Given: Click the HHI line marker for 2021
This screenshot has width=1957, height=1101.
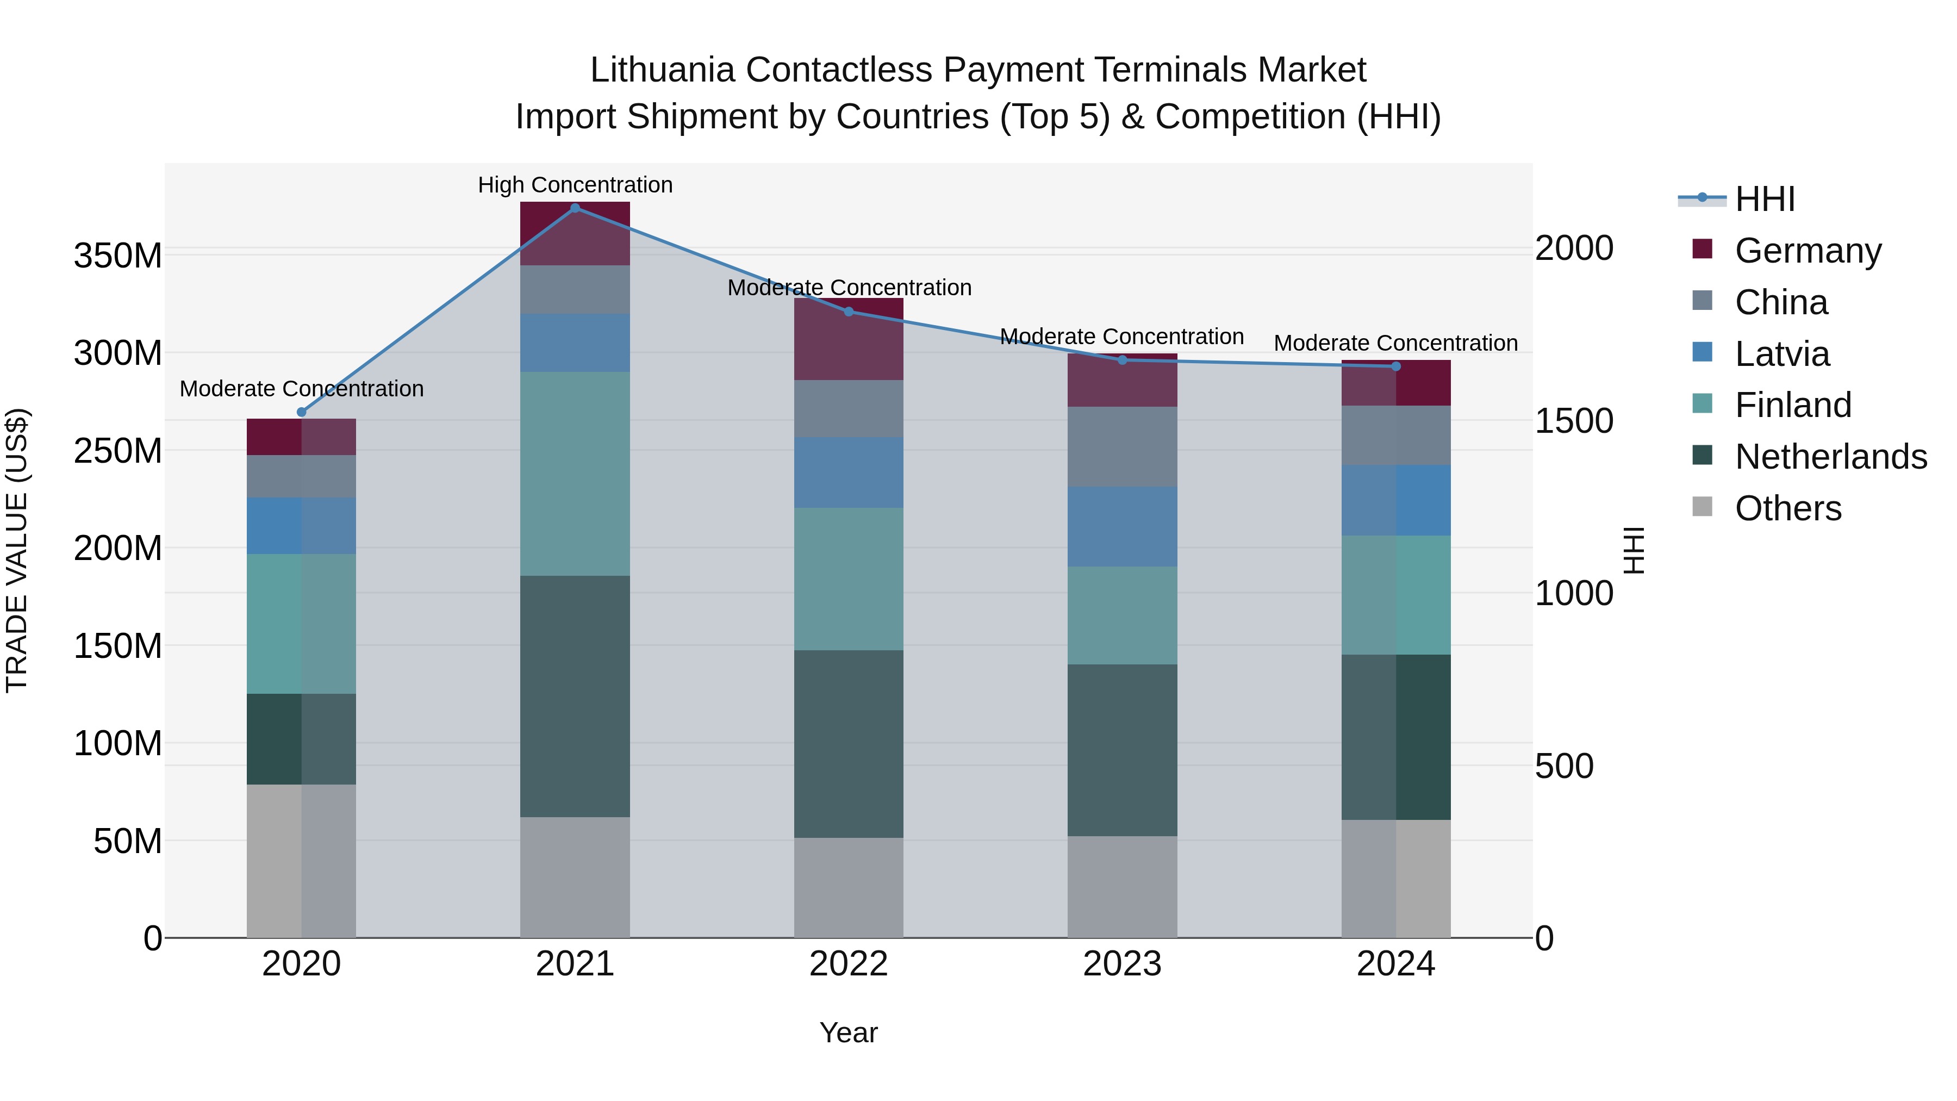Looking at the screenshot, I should [x=575, y=208].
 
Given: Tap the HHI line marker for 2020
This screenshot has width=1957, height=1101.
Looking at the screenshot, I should [x=302, y=412].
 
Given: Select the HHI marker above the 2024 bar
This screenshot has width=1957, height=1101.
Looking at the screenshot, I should [x=1395, y=366].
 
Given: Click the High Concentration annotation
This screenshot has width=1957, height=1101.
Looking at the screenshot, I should [x=575, y=185].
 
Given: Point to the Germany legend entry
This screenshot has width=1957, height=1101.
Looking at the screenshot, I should [x=1808, y=251].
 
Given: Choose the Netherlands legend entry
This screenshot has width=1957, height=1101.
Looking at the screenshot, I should [x=1830, y=457].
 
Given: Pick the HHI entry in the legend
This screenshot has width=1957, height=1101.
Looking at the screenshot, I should [x=1765, y=199].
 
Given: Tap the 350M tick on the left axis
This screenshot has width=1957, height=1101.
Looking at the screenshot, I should [x=118, y=256].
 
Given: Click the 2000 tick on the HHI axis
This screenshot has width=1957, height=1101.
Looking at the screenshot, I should [x=1573, y=248].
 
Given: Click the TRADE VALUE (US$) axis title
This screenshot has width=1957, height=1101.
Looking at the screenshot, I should [x=17, y=550].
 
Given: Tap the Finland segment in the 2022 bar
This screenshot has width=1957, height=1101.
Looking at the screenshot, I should [x=849, y=579].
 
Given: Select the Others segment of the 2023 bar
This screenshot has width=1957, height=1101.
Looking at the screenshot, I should [x=1122, y=887].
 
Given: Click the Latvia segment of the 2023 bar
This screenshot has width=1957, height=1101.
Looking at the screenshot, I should [x=1122, y=526].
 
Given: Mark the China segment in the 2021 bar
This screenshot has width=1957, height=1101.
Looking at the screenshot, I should [x=575, y=289].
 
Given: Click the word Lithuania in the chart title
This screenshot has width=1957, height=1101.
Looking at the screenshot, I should [x=662, y=71].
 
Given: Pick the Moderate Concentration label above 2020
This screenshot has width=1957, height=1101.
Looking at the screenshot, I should [x=302, y=389].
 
